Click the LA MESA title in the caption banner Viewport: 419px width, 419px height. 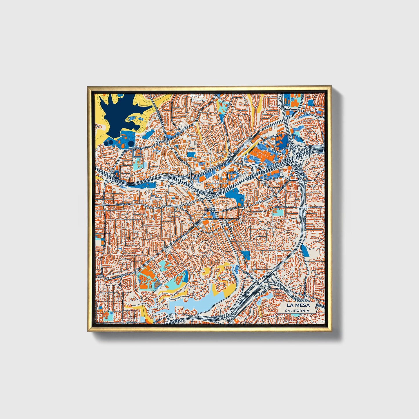click(x=298, y=305)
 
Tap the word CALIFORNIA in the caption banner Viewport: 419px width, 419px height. click(x=297, y=311)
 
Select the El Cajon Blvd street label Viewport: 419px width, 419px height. click(x=124, y=204)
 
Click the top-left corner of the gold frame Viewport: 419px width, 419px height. click(x=88, y=87)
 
